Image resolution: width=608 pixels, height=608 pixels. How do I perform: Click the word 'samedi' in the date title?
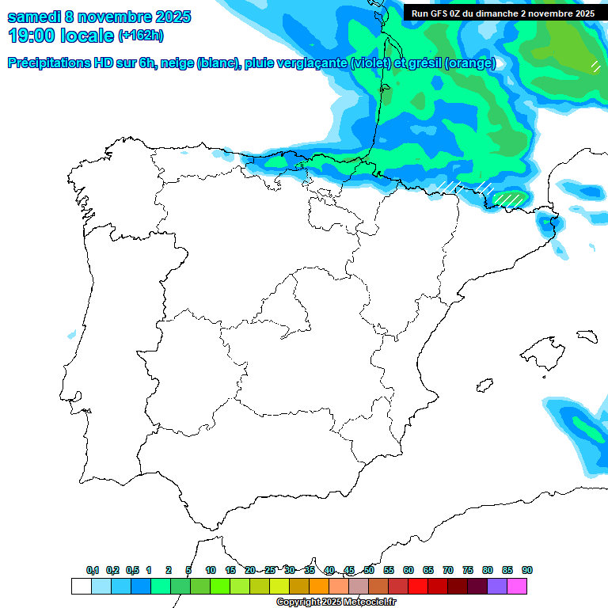(33, 17)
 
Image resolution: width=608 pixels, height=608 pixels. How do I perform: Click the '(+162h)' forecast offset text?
(140, 36)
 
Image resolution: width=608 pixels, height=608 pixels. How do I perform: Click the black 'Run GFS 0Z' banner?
(503, 13)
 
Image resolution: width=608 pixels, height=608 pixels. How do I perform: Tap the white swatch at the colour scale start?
(81, 586)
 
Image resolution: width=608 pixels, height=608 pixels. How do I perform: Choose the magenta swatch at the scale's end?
(517, 586)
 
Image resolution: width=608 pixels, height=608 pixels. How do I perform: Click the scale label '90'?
(527, 570)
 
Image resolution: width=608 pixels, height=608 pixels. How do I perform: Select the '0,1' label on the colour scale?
(93, 570)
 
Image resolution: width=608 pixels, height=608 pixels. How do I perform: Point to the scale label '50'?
(369, 570)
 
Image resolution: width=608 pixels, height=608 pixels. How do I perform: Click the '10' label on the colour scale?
(211, 570)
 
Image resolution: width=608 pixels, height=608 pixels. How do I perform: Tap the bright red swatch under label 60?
(417, 586)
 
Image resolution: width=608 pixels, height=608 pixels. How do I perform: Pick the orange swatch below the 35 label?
(318, 586)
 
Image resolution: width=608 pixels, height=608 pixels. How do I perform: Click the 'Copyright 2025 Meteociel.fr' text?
(336, 602)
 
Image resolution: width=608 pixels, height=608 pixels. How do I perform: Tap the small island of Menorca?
(587, 336)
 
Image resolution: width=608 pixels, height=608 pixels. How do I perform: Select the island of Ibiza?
(484, 386)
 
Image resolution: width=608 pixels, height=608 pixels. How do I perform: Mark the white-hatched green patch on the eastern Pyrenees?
(509, 199)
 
